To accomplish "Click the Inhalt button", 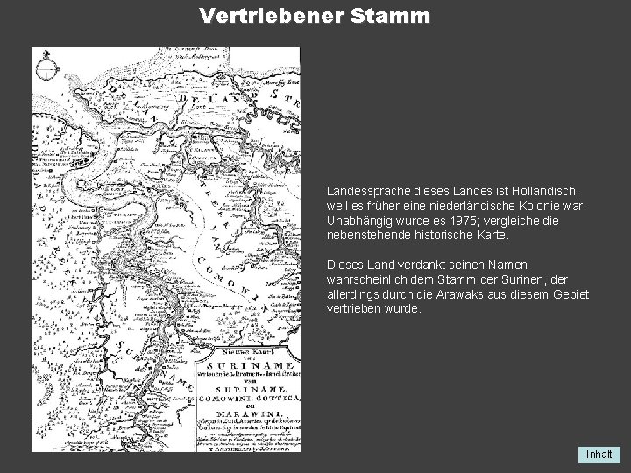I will pyautogui.click(x=600, y=455).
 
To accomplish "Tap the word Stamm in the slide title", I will pyautogui.click(x=381, y=16).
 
